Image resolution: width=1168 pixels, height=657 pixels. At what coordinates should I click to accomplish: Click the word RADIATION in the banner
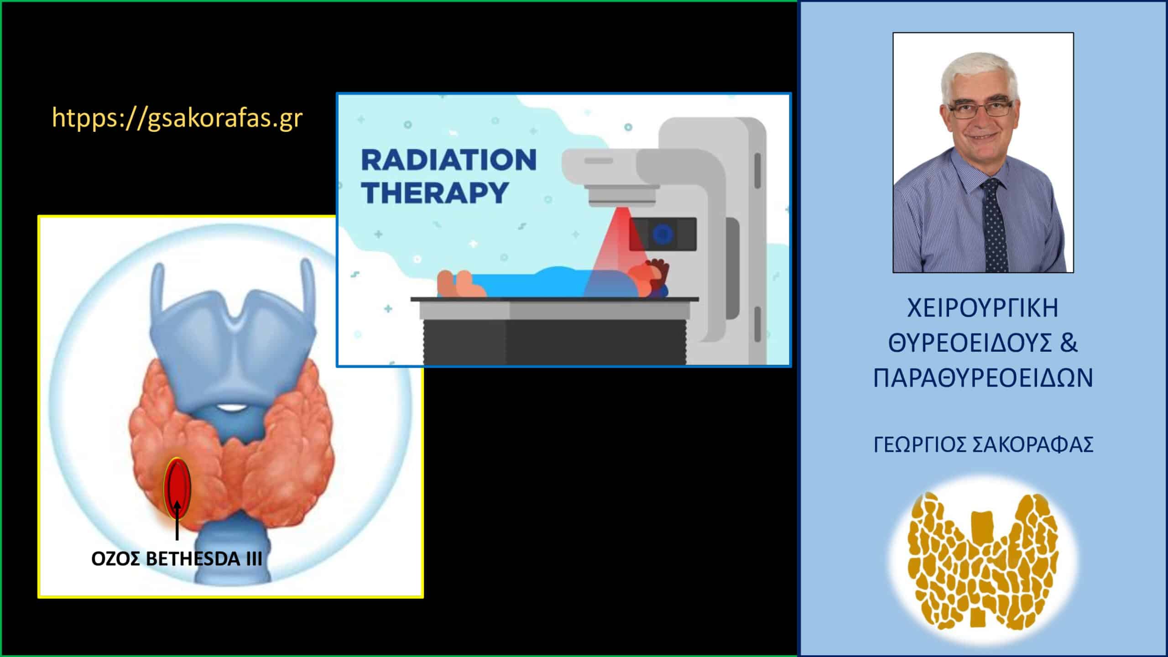coord(449,160)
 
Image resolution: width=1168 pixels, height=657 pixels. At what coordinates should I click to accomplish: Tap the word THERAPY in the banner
coord(435,192)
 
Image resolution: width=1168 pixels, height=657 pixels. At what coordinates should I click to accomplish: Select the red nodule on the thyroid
coord(177,488)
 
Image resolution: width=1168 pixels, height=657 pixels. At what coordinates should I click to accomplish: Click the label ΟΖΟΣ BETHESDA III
coord(177,559)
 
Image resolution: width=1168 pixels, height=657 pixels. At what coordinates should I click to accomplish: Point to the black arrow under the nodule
coord(177,521)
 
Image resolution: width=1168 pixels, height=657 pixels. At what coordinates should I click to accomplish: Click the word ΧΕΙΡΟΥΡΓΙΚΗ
coord(982,308)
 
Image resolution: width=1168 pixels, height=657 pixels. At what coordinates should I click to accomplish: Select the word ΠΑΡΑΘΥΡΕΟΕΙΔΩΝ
coord(983,378)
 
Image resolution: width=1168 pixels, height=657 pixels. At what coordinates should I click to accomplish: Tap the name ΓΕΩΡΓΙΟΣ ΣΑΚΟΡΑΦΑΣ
coord(983,445)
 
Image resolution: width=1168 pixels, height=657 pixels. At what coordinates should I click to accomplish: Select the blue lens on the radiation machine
coord(662,235)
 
